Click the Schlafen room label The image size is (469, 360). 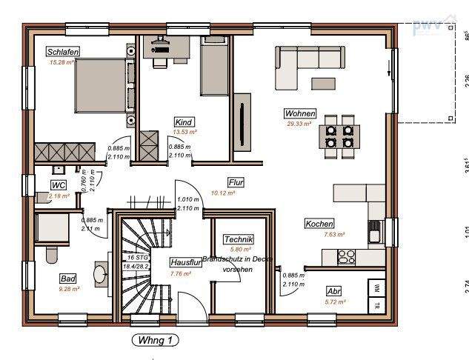(x=62, y=52)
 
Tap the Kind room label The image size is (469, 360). (x=184, y=121)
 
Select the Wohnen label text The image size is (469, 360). (x=300, y=114)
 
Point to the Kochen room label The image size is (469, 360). (x=319, y=224)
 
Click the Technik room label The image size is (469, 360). (x=239, y=239)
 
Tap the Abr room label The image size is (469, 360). (x=333, y=291)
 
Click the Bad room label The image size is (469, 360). (x=68, y=279)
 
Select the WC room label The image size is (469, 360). (x=59, y=185)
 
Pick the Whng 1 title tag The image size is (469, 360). (x=154, y=340)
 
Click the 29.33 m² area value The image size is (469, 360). (x=299, y=124)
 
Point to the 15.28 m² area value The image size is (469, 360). (x=62, y=63)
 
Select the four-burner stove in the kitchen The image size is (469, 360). (x=346, y=257)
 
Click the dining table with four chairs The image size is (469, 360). (x=338, y=136)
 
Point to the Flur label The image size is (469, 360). (x=236, y=181)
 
